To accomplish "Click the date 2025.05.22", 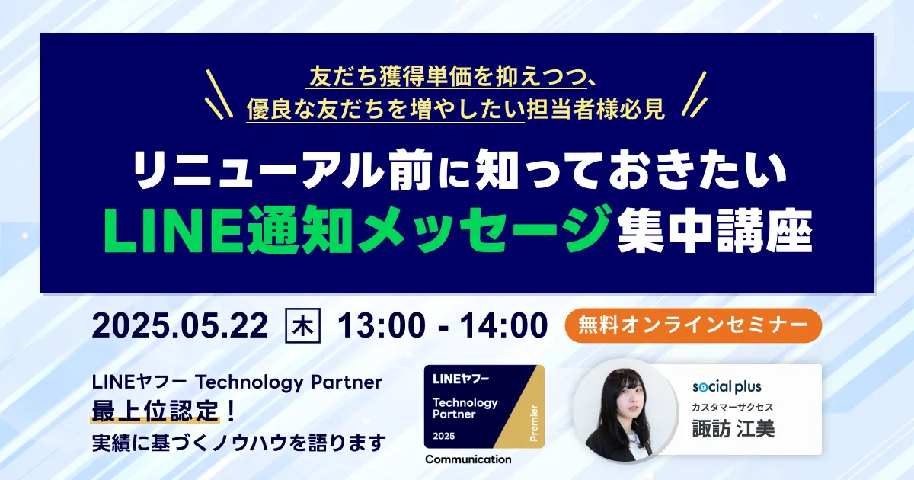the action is [180, 326].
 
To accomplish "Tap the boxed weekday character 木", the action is [302, 326].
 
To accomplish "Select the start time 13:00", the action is [382, 326].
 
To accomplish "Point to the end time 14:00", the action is [503, 326].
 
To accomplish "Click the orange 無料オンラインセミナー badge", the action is [693, 325].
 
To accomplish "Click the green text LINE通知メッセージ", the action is [358, 230].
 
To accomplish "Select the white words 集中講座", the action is [715, 231].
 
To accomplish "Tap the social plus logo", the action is [727, 386].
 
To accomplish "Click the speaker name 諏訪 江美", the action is [733, 428].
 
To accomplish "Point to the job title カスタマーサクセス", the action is [733, 407].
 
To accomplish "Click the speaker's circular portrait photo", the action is [625, 411].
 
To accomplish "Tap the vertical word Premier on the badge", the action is [534, 423].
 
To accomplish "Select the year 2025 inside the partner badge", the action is [444, 436].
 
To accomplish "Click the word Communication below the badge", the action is [468, 459].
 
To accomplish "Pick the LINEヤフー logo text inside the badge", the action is [461, 379].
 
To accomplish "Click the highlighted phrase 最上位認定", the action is [155, 411].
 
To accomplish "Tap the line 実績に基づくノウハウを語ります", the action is [239, 443].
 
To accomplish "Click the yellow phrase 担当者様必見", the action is [596, 109].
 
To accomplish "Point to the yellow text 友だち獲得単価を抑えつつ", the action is [447, 77].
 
